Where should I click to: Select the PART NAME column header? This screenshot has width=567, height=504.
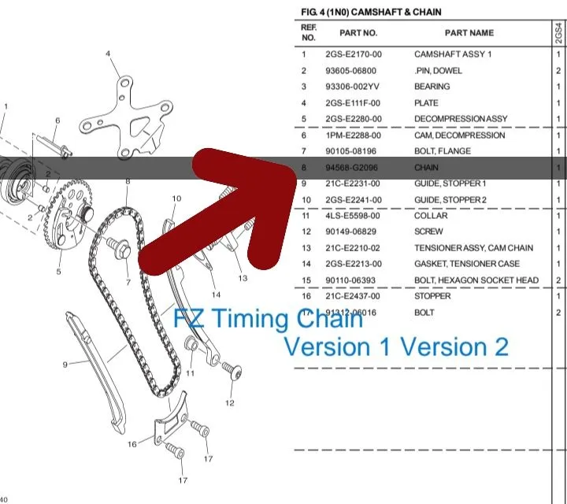[469, 33]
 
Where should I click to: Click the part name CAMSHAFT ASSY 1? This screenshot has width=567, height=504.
[453, 54]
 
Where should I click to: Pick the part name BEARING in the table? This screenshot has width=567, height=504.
[432, 87]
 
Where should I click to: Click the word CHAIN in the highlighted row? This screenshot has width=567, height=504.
[426, 168]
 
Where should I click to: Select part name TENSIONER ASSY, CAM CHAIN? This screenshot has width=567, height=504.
[473, 248]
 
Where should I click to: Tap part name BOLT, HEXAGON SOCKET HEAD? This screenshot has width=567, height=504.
[476, 280]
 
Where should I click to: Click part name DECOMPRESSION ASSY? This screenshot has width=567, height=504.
[461, 119]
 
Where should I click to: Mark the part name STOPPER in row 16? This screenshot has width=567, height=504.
[432, 296]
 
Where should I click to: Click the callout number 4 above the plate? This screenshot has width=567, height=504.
[108, 54]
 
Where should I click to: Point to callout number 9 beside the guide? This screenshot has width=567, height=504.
[66, 363]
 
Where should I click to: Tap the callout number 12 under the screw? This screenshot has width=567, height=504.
[229, 403]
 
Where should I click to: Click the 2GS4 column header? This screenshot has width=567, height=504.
[558, 33]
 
